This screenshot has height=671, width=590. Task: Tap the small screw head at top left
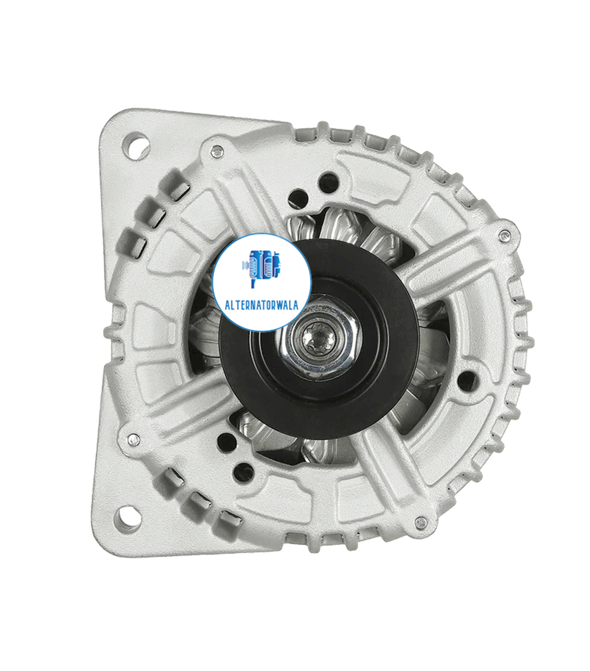tap(218, 152)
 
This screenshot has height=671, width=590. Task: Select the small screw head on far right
tap(504, 236)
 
